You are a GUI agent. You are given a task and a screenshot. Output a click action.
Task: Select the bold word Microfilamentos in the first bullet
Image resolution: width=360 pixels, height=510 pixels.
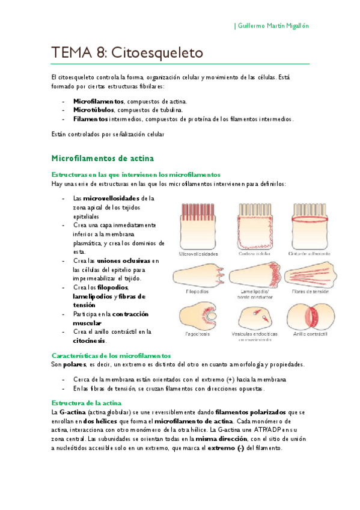click(99, 102)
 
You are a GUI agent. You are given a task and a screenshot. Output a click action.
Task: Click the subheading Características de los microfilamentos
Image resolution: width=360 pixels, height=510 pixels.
click(111, 355)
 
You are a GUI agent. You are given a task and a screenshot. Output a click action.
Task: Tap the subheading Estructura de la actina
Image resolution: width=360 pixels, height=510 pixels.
click(87, 402)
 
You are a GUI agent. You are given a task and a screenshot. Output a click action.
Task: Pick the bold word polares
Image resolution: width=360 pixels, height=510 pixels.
click(75, 364)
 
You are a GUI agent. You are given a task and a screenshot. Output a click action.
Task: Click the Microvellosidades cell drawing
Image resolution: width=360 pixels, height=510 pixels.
click(198, 226)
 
